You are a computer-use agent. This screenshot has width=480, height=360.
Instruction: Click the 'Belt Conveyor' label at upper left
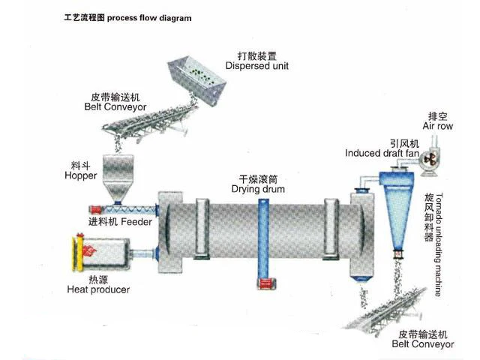tap(115, 106)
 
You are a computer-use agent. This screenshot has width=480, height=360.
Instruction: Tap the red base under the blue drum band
tap(262, 283)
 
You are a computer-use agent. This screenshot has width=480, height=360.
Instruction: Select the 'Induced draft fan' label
tap(382, 153)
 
